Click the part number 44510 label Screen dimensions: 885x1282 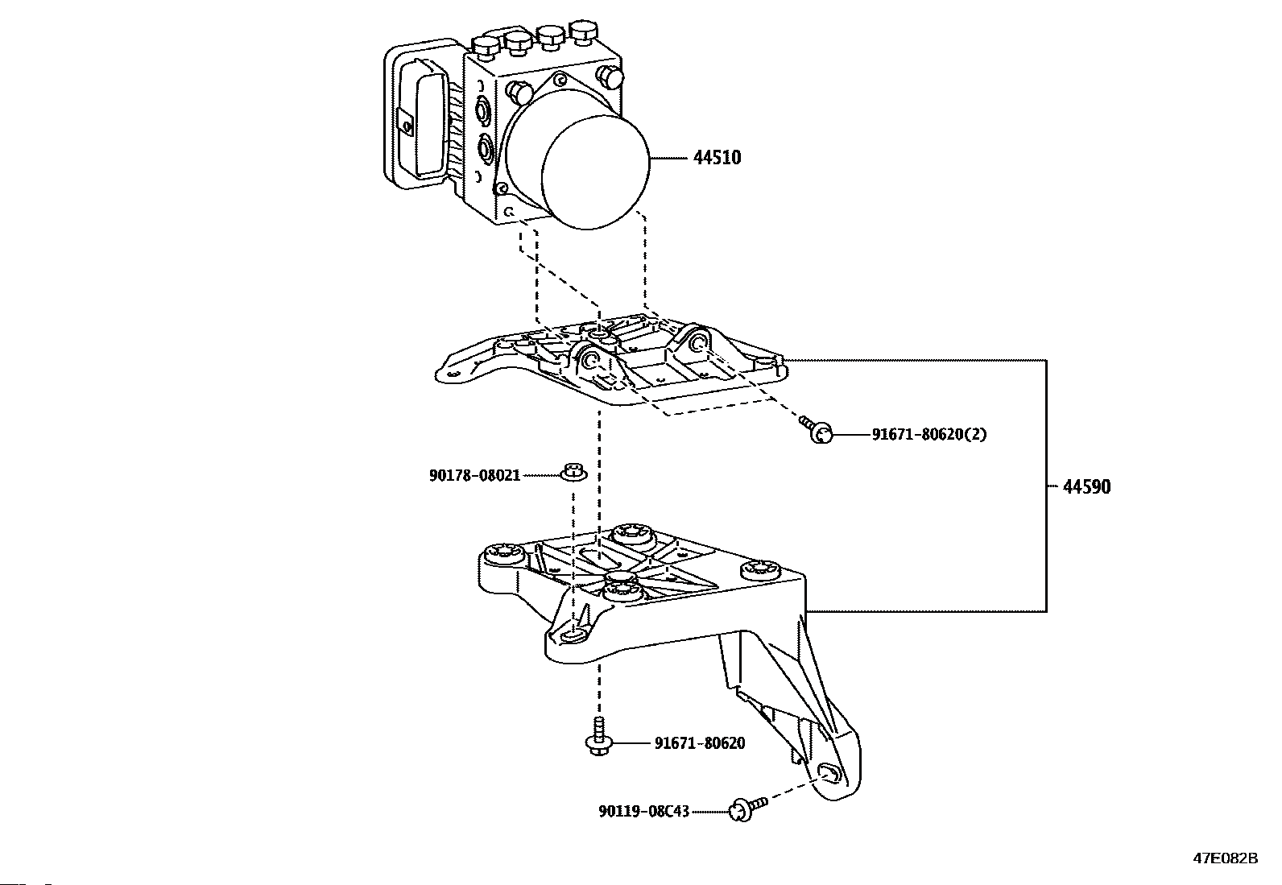717,158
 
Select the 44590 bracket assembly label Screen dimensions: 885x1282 1086,486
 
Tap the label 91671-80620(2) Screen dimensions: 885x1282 929,435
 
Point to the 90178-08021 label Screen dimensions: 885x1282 474,476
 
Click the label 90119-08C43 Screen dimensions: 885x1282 643,811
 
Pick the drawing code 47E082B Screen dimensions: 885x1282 1225,858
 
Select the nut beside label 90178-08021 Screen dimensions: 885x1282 573,472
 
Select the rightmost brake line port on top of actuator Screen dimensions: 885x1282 581,34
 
